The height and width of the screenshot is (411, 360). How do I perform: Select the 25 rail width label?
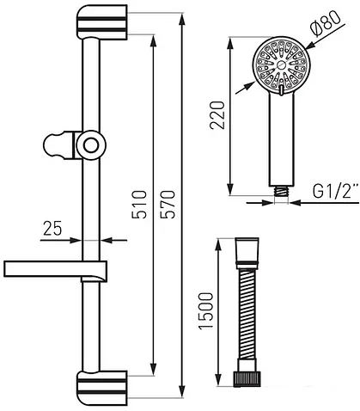[52, 229]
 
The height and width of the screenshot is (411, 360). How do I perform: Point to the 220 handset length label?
[217, 115]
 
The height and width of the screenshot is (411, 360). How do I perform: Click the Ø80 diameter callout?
[326, 23]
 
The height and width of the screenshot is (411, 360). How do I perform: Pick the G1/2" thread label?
[335, 192]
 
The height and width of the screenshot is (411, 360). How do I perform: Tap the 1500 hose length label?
[206, 311]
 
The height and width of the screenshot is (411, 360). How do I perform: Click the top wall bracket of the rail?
[101, 21]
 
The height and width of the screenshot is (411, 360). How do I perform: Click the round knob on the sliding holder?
[91, 145]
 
